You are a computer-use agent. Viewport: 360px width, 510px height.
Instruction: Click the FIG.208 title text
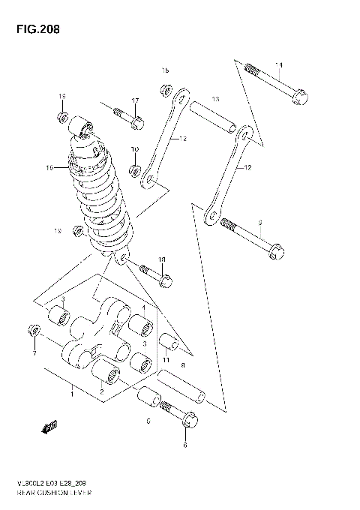coord(34,30)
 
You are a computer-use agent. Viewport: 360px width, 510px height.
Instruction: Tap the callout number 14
coord(278,64)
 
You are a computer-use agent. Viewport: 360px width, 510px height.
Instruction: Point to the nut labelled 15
coord(164,91)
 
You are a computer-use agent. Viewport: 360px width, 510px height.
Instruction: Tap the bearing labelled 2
coord(106,372)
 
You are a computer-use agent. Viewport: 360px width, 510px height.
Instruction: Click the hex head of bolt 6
coord(189,418)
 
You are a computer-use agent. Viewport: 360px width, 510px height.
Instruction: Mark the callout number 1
coord(72,392)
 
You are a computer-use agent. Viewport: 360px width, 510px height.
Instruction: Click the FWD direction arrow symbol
coord(50,427)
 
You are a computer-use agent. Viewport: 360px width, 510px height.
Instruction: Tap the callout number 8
coord(182,364)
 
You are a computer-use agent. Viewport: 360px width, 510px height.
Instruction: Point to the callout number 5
coord(148,421)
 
